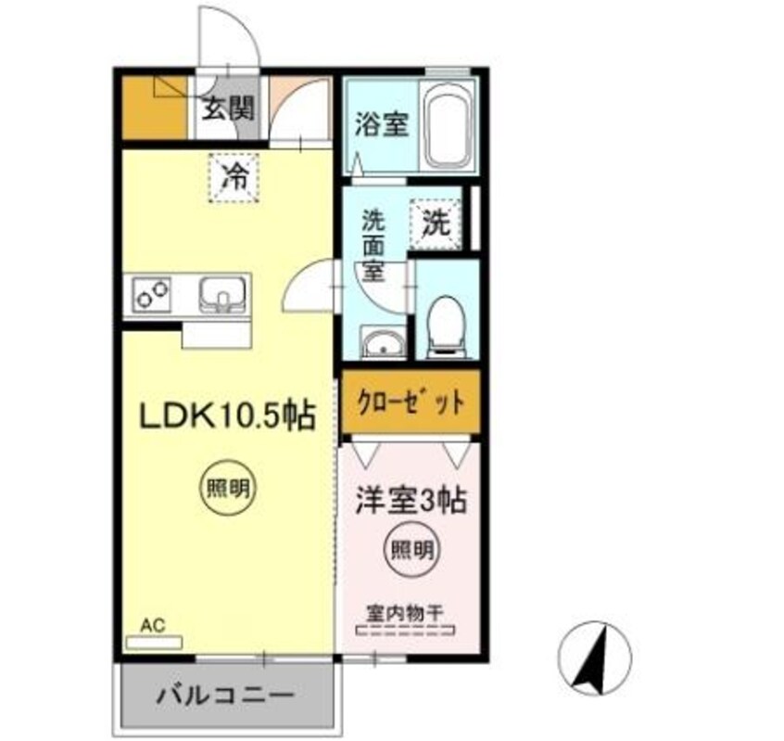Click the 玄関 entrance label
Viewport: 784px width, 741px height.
[x=228, y=109]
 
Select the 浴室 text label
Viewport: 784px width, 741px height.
[x=382, y=124]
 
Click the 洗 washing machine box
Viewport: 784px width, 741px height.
[x=436, y=224]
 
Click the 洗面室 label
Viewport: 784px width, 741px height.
[x=373, y=246]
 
